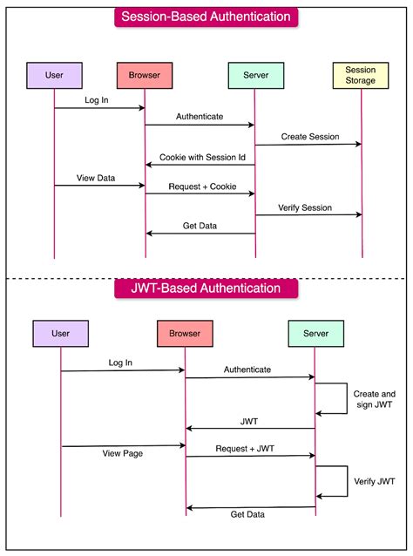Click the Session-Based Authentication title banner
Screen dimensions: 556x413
click(x=206, y=17)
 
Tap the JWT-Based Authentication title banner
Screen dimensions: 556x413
click(x=206, y=288)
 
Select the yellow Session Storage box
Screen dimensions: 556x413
click(x=361, y=75)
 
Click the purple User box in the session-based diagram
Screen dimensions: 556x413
click(x=54, y=75)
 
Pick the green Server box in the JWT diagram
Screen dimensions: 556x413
click(x=315, y=333)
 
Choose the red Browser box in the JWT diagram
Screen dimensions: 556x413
click(x=185, y=333)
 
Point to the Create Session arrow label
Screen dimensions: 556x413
click(x=309, y=137)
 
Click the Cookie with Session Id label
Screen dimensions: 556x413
click(x=202, y=158)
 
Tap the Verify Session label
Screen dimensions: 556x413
click(x=309, y=207)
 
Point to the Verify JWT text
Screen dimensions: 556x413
click(x=375, y=480)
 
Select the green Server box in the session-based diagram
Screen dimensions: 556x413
click(x=255, y=75)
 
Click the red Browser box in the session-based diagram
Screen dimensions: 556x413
click(x=145, y=75)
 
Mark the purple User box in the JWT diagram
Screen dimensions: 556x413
click(x=60, y=333)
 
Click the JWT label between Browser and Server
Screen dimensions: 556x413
click(x=248, y=421)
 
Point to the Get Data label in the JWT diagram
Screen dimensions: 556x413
click(x=248, y=515)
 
